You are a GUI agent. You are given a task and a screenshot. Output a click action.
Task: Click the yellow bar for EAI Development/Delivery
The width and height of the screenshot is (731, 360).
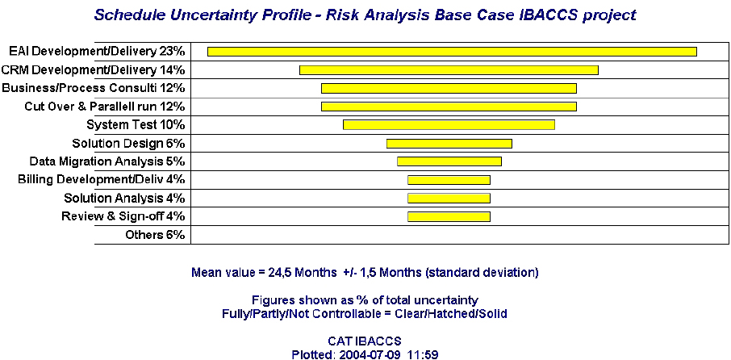tap(452, 52)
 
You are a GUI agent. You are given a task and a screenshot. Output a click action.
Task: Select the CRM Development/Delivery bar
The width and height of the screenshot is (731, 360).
tap(449, 70)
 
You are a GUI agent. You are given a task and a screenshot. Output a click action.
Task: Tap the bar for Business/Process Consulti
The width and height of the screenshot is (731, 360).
tap(449, 88)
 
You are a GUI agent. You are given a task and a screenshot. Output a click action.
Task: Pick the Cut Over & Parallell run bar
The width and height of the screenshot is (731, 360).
tap(449, 107)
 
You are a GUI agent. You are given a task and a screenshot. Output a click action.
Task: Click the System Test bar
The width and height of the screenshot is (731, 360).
tap(449, 125)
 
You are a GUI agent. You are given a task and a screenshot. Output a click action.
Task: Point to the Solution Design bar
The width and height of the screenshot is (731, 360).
tap(449, 144)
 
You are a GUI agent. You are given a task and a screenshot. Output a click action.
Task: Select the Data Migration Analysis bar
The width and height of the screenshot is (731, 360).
tap(449, 161)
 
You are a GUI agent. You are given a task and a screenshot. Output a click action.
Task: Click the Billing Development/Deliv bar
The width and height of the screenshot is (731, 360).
tap(449, 180)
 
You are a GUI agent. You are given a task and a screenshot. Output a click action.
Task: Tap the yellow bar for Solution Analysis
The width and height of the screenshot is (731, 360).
tap(449, 199)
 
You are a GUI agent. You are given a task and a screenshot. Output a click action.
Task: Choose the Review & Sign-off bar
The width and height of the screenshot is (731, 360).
tap(449, 216)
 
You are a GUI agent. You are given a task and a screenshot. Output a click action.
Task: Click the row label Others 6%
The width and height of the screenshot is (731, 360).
tap(155, 235)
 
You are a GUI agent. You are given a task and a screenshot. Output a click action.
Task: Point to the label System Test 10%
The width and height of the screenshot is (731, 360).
tap(136, 125)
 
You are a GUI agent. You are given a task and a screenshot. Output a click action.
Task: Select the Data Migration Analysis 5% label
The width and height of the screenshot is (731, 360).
tap(107, 161)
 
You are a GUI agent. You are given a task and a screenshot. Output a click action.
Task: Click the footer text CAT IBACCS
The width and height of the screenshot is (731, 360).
tap(365, 341)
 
